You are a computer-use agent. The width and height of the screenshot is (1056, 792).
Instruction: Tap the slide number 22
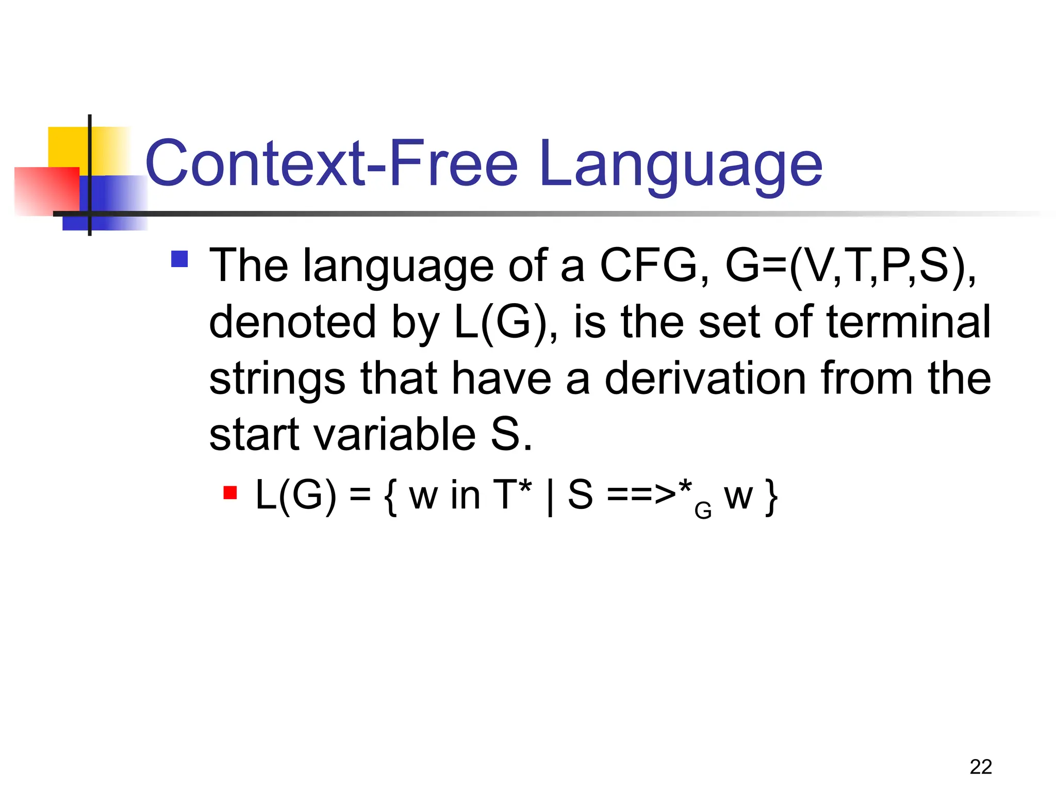(x=980, y=767)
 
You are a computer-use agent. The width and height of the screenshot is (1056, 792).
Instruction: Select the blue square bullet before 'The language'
(x=179, y=259)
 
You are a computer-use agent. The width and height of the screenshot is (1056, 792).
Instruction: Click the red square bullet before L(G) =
(x=230, y=493)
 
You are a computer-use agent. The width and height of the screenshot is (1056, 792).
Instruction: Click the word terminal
(x=908, y=322)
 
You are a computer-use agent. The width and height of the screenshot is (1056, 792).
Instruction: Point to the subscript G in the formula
(x=703, y=511)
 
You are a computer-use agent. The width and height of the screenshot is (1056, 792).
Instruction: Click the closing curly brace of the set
(x=771, y=496)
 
